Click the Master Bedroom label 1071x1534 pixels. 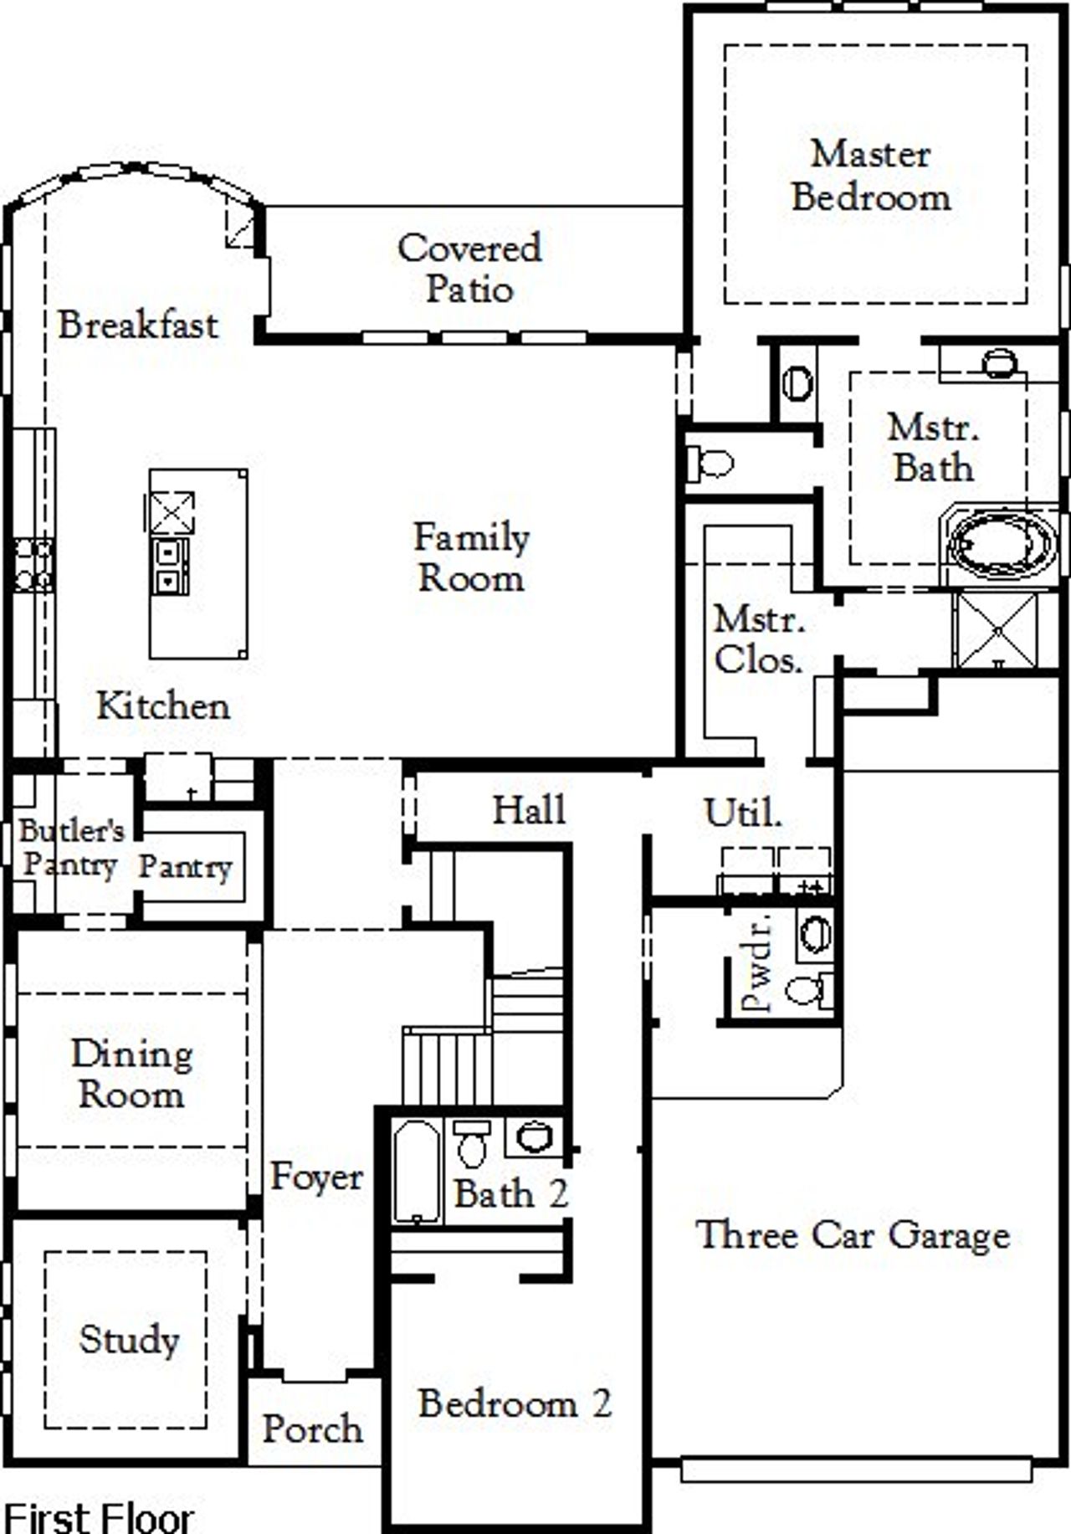(x=870, y=176)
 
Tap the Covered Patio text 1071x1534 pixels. (x=469, y=268)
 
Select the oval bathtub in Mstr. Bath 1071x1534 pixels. (x=1000, y=546)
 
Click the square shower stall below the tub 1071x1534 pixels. (x=997, y=629)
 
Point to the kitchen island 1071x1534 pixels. (x=198, y=563)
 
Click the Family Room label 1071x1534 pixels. (x=471, y=557)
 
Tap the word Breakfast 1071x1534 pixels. (x=138, y=325)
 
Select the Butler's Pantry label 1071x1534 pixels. (x=70, y=847)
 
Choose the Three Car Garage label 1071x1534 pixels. (x=853, y=1234)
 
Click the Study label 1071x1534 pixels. (x=129, y=1339)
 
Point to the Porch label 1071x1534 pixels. (x=313, y=1429)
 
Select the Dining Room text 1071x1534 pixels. (x=131, y=1074)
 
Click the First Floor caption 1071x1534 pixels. (x=99, y=1516)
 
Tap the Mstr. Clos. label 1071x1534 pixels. (x=758, y=640)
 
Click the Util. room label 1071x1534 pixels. (x=743, y=812)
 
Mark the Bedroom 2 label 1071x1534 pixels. (x=515, y=1403)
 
